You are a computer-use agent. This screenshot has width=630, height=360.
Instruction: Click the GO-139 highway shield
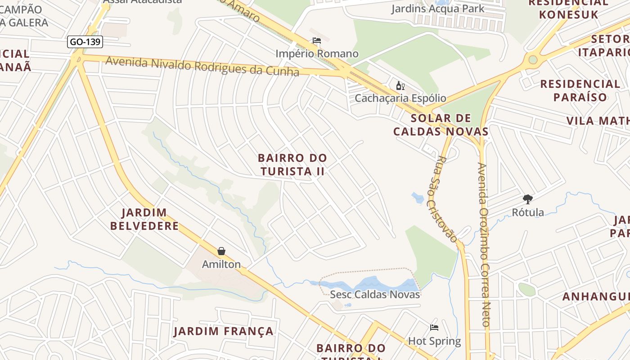pyautogui.click(x=85, y=42)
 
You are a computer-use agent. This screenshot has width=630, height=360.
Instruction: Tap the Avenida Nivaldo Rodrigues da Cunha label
pyautogui.click(x=202, y=66)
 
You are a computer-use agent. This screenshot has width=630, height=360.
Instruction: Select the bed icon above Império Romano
pyautogui.click(x=317, y=41)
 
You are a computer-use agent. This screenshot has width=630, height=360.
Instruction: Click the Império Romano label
pyautogui.click(x=317, y=54)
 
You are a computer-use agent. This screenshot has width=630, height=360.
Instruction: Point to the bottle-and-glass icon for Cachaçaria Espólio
pyautogui.click(x=400, y=85)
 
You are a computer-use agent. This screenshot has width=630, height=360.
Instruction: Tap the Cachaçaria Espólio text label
pyautogui.click(x=400, y=98)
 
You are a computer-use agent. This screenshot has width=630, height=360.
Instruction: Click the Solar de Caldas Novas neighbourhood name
pyautogui.click(x=441, y=125)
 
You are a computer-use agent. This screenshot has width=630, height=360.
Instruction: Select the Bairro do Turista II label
pyautogui.click(x=292, y=165)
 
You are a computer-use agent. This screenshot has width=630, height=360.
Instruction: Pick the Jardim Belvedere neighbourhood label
pyautogui.click(x=144, y=219)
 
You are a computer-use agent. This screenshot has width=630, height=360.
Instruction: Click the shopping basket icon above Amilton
pyautogui.click(x=221, y=251)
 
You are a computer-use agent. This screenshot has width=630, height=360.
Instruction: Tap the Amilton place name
pyautogui.click(x=221, y=264)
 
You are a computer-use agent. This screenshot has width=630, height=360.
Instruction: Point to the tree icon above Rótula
pyautogui.click(x=528, y=199)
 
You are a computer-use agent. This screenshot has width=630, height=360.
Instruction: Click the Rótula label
pyautogui.click(x=528, y=212)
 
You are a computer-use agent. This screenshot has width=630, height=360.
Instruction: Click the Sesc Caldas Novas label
pyautogui.click(x=375, y=295)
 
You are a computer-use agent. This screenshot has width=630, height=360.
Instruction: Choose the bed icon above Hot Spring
pyautogui.click(x=434, y=328)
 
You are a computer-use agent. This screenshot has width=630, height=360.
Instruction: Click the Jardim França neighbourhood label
pyautogui.click(x=224, y=332)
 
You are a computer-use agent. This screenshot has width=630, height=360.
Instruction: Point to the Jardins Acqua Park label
pyautogui.click(x=437, y=9)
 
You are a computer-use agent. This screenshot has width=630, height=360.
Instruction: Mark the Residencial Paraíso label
pyautogui.click(x=580, y=90)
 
